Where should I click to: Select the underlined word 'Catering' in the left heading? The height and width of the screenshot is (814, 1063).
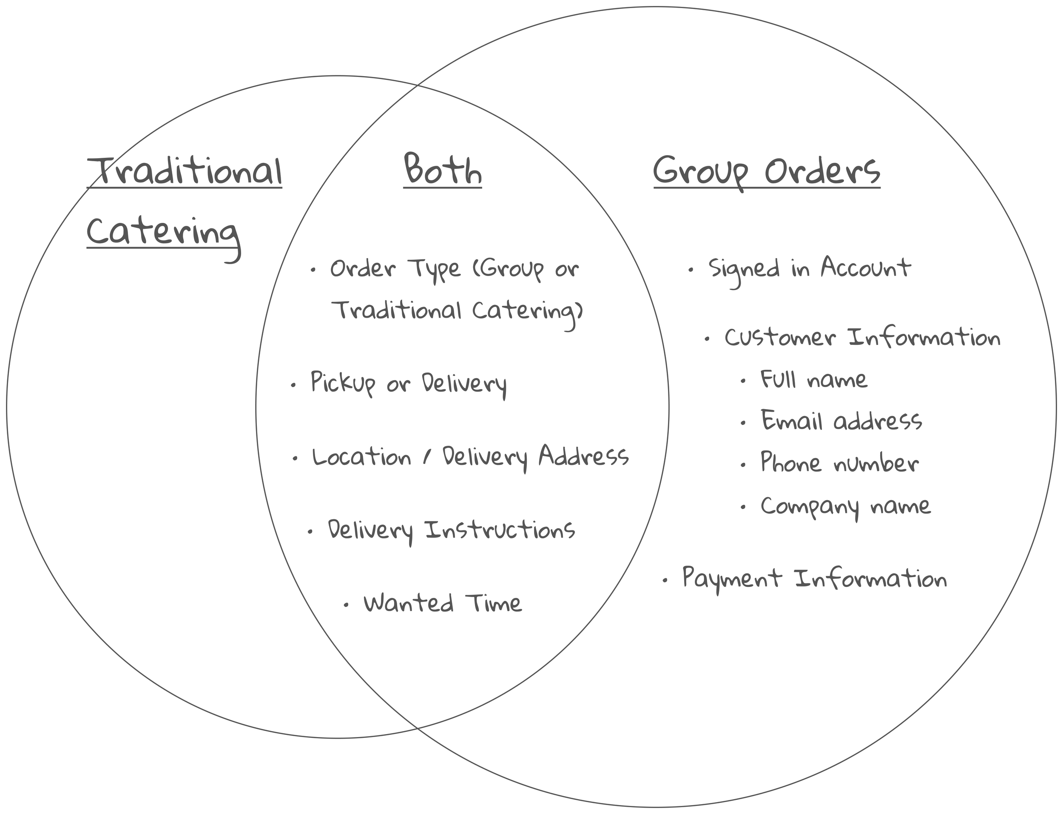[x=163, y=233]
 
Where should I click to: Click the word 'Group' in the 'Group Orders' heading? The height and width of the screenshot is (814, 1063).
[x=701, y=172]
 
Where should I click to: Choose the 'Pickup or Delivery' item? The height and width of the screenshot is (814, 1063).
[x=408, y=383]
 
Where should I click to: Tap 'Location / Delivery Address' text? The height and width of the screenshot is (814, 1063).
[x=470, y=457]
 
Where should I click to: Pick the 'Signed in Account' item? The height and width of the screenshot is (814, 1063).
[x=809, y=268]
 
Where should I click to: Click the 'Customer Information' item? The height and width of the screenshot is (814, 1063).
[x=862, y=338]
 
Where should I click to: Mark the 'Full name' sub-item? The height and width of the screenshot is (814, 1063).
[x=813, y=379]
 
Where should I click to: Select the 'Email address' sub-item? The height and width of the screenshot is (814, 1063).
[x=841, y=421]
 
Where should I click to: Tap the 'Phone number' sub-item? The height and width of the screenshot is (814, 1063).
[x=839, y=463]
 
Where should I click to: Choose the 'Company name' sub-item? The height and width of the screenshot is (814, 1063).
[x=845, y=507]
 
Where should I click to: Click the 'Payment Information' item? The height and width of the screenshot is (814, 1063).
[x=814, y=578]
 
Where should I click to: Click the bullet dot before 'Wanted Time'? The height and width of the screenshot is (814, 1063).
[x=346, y=605]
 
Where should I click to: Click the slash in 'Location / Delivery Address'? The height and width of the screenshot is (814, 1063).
[x=426, y=457]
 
